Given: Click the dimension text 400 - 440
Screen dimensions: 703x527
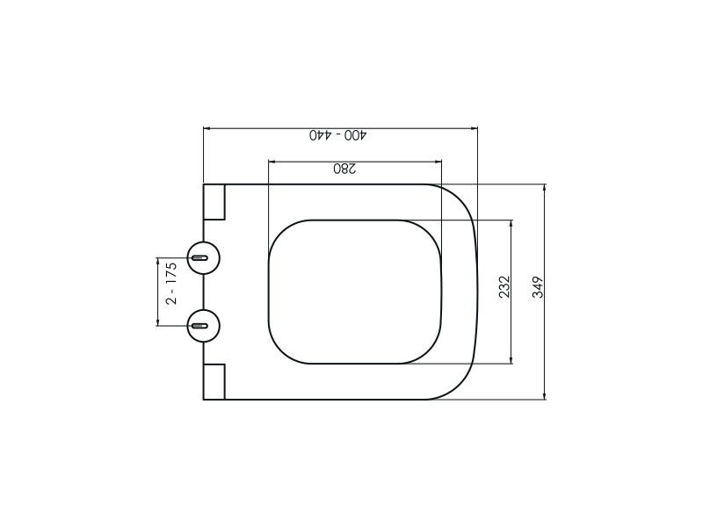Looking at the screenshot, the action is [338, 135].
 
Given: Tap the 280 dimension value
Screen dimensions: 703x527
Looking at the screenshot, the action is [344, 169].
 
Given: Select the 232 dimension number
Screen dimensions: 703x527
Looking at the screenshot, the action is [504, 287].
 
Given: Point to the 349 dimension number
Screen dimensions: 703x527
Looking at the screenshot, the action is [538, 287].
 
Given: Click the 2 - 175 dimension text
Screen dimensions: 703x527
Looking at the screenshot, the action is [171, 283].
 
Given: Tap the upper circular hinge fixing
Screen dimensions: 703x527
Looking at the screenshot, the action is [204, 257].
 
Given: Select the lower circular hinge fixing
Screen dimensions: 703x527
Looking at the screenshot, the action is [204, 325].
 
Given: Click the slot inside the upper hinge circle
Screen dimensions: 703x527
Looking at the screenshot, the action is [199, 257].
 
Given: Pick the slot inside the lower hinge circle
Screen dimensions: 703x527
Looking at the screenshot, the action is [199, 325].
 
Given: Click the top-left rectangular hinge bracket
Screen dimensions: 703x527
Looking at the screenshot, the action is [214, 202].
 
